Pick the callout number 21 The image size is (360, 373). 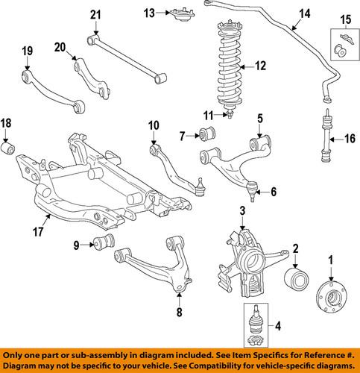pos(95,14)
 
